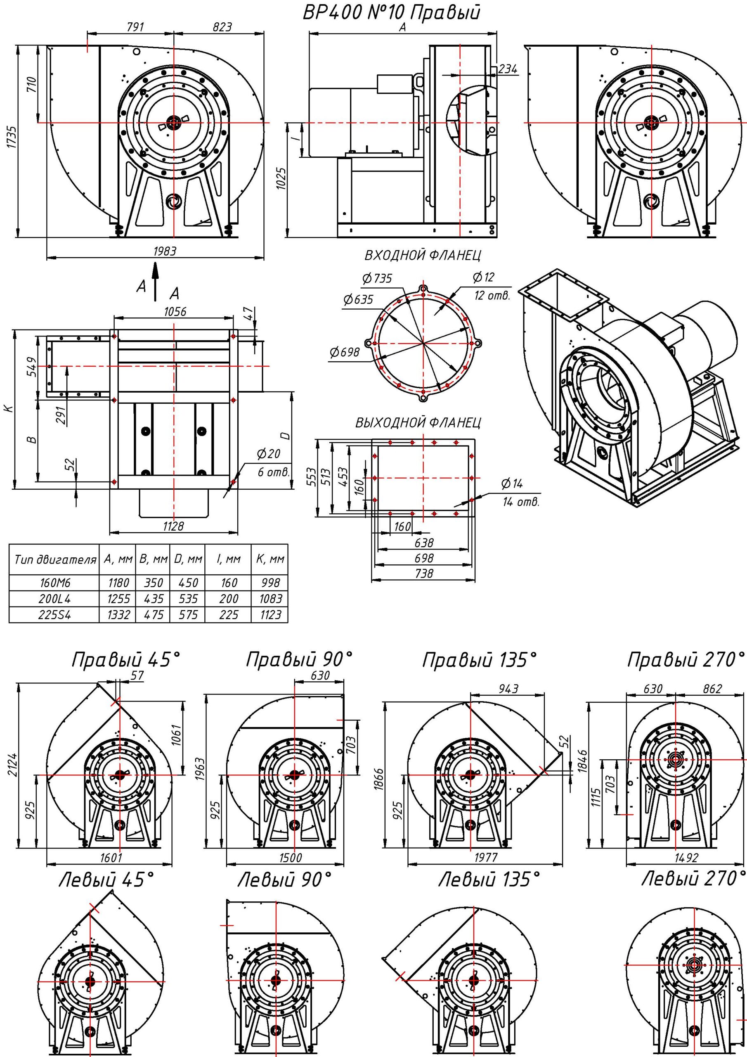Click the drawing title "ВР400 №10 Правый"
click(x=391, y=13)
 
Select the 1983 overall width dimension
click(x=164, y=251)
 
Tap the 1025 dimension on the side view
click(x=282, y=178)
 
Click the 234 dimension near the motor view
click(x=507, y=69)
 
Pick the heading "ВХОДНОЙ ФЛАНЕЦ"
click(x=423, y=255)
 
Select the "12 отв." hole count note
click(x=492, y=296)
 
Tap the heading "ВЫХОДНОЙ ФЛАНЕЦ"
click(x=418, y=423)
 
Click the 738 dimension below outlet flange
click(x=423, y=574)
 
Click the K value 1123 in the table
click(x=270, y=615)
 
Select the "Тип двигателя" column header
click(x=55, y=560)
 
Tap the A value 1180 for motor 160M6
click(x=118, y=583)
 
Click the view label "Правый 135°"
click(x=479, y=660)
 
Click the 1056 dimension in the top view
click(x=175, y=312)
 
